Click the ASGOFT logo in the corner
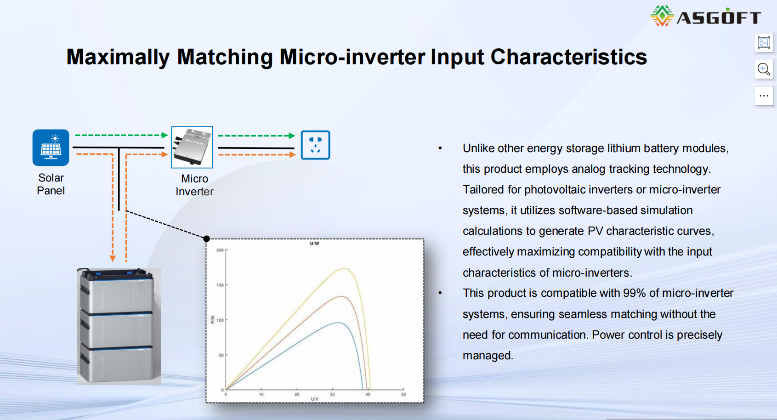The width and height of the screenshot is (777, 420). (705, 16)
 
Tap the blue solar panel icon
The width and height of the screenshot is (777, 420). (51, 148)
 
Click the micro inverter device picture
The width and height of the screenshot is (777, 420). (192, 148)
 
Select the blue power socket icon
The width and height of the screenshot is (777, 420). (315, 145)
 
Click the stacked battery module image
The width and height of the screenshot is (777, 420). (119, 326)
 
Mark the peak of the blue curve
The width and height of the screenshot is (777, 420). (338, 323)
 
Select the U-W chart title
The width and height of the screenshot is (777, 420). (315, 244)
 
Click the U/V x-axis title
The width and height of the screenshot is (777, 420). (315, 399)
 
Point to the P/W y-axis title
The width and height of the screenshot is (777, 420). (213, 319)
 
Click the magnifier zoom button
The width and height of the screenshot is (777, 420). (764, 69)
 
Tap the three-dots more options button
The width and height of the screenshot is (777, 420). (764, 96)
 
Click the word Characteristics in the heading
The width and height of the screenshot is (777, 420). (568, 57)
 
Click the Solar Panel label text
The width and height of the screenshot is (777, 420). (51, 184)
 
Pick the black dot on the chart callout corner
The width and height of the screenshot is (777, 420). (206, 238)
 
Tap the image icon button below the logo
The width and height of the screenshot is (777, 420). (764, 43)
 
